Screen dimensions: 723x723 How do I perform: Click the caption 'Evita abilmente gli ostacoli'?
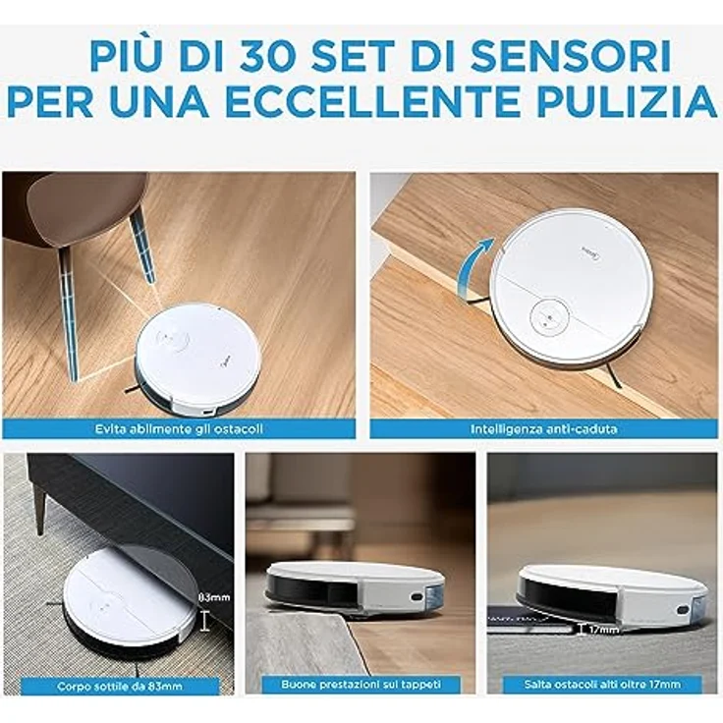(x=179, y=429)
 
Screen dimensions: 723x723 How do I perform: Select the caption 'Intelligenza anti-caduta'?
(x=543, y=429)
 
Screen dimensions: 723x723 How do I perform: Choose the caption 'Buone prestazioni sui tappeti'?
(x=361, y=685)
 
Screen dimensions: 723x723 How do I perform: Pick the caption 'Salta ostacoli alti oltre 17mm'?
(x=602, y=685)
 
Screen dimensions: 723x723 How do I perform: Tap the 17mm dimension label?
(x=603, y=629)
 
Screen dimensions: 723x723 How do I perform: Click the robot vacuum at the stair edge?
(x=571, y=286)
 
